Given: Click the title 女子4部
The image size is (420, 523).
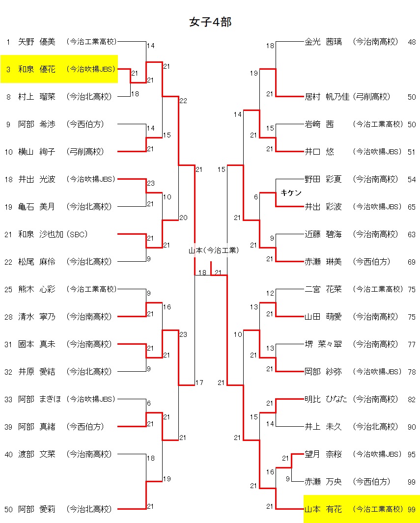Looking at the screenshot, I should click(210, 22).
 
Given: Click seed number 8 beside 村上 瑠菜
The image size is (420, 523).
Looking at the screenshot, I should click(8, 97).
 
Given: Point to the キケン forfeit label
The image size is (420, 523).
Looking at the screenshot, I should click(291, 193).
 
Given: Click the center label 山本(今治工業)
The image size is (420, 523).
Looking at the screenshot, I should click(214, 250).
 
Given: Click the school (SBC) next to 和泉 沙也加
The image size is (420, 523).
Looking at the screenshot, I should click(79, 234).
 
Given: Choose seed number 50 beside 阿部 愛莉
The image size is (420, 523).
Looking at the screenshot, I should click(8, 509).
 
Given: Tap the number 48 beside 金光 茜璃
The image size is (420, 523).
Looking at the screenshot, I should click(412, 42).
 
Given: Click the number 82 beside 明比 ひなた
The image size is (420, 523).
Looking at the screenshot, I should click(412, 399).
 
